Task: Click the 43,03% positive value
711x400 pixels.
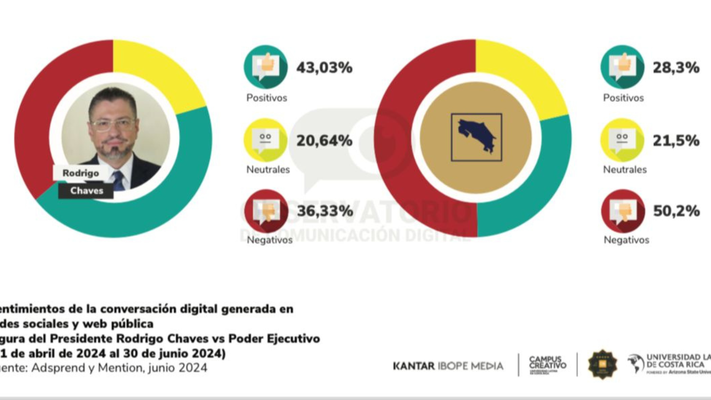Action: pos(324,68)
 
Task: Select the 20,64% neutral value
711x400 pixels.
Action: pos(324,141)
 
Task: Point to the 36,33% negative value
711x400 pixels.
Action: pos(325,211)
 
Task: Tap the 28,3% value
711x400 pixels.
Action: pos(676,68)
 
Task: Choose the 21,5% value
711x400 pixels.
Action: pos(676,141)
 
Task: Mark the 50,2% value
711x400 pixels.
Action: pos(676,211)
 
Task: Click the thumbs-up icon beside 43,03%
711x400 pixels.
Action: pos(266,67)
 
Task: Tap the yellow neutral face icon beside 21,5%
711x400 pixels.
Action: pos(622,140)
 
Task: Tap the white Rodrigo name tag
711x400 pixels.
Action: pos(81,173)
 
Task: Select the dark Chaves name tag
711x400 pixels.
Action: pos(86,191)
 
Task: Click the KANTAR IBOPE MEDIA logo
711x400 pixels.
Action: pos(448,366)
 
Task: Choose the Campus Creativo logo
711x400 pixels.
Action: pos(547,364)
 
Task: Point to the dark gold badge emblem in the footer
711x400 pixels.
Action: pos(602,364)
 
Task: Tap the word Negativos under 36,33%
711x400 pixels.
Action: pos(270,240)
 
